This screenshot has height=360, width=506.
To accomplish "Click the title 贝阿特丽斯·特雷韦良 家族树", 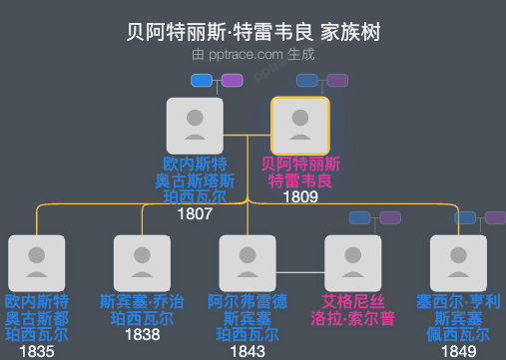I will [253, 32].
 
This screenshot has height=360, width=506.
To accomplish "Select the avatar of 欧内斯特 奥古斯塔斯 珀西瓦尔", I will [196, 126].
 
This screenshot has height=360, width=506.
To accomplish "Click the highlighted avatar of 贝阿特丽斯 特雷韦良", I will [300, 126].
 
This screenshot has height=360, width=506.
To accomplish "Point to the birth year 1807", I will [196, 213].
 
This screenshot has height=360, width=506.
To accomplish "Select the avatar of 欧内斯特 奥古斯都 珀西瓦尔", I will [37, 263].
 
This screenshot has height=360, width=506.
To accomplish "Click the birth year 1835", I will [37, 351].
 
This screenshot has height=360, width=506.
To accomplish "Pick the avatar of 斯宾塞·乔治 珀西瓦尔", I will [143, 263].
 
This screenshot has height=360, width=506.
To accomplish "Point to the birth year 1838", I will [143, 336].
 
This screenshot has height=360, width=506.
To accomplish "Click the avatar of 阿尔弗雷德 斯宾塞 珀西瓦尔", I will [249, 263].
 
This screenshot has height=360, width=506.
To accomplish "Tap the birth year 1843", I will [249, 351].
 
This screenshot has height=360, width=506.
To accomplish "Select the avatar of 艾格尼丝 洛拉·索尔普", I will [354, 263].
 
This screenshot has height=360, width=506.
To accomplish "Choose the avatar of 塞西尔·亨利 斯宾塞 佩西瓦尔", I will [460, 263].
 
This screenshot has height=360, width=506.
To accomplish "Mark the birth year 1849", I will [460, 351].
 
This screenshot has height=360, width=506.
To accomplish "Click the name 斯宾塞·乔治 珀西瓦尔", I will [143, 310].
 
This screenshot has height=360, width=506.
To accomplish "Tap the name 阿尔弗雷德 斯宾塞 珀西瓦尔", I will [249, 318].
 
